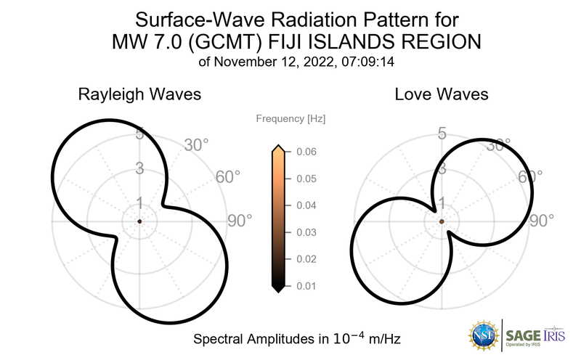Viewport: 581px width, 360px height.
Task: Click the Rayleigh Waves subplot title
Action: click(x=140, y=94)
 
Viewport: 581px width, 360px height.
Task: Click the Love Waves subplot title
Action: click(x=441, y=94)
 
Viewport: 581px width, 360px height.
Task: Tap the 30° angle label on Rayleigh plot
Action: click(x=197, y=145)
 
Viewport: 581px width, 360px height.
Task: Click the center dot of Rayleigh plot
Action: click(x=139, y=221)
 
